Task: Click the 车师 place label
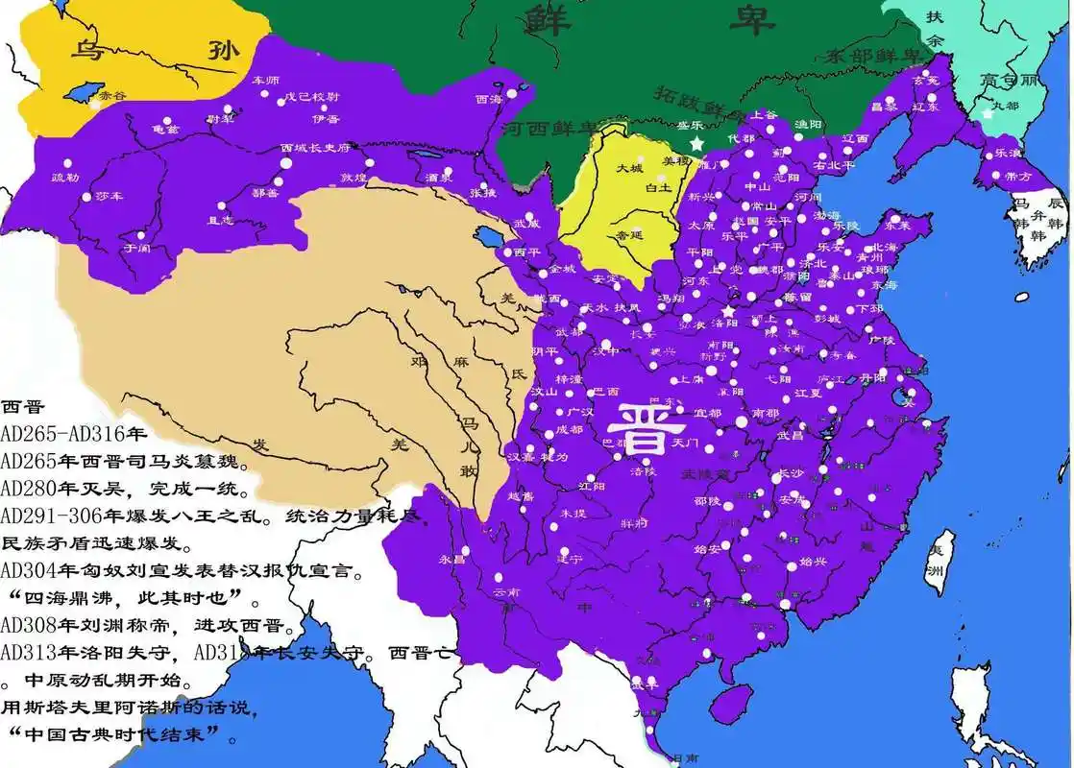tap(265, 80)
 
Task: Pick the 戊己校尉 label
tap(309, 97)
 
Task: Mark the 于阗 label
tap(136, 247)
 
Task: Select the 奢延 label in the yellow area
tap(629, 233)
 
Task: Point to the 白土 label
tap(657, 188)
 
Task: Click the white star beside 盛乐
tap(696, 144)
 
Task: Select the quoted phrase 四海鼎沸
tap(80, 601)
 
